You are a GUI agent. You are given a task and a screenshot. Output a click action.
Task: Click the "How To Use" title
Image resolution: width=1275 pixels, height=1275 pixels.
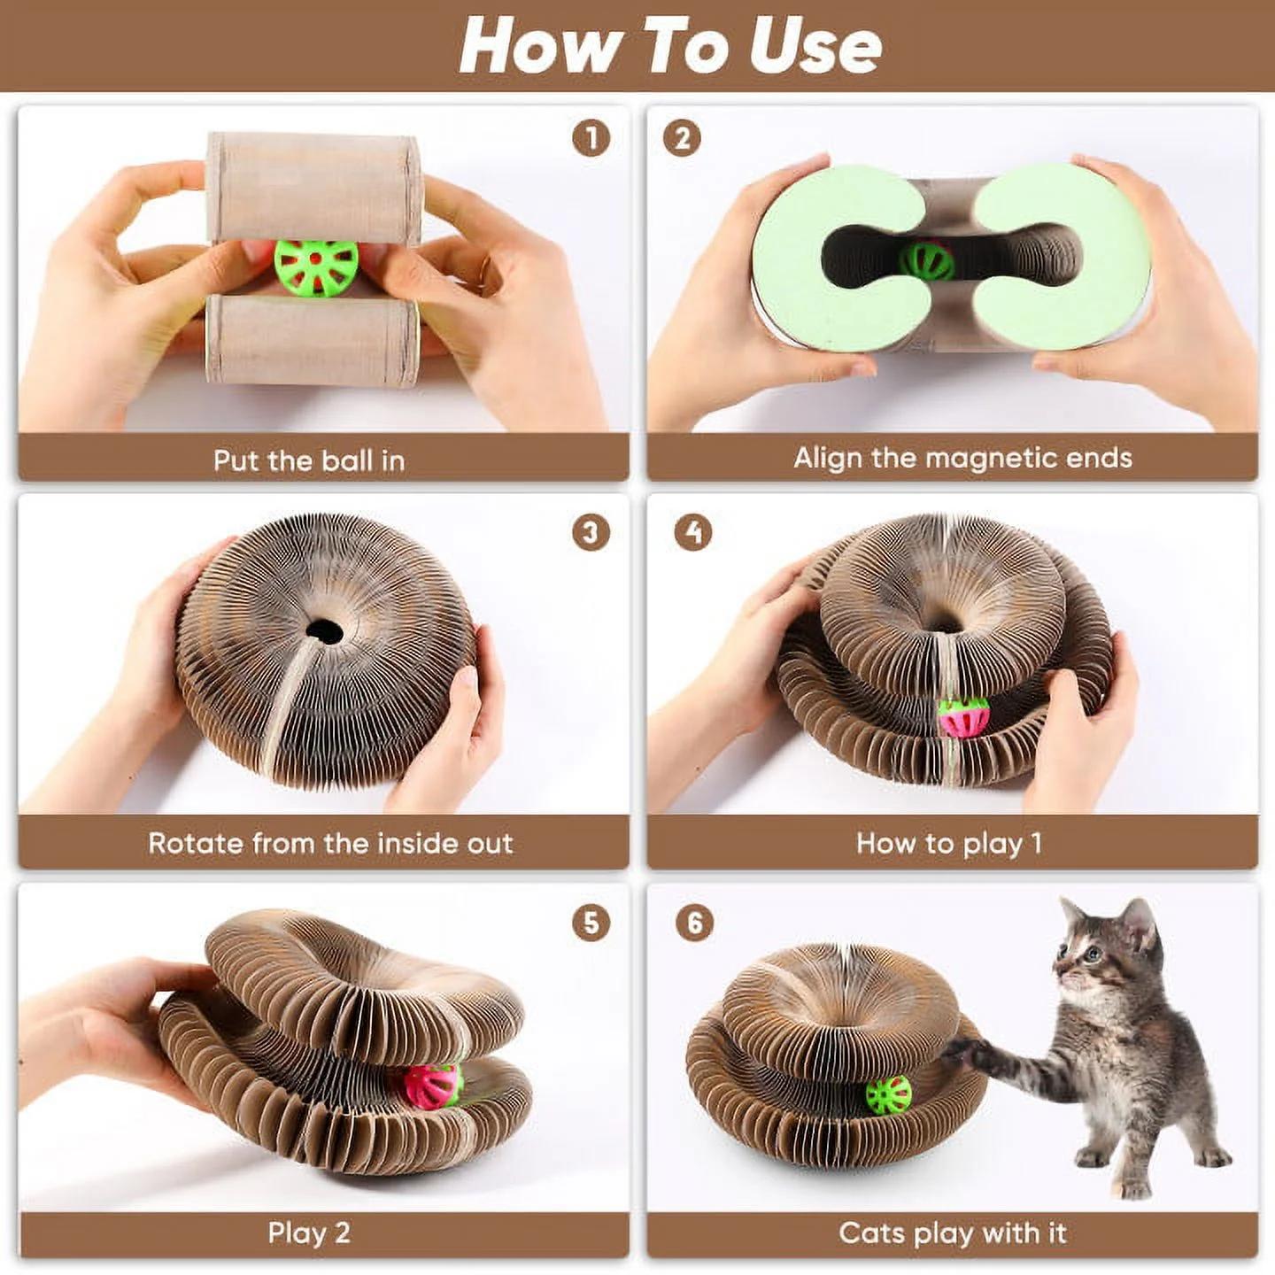pos(670,46)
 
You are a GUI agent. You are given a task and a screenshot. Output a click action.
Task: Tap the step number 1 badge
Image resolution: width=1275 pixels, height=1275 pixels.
pos(591,139)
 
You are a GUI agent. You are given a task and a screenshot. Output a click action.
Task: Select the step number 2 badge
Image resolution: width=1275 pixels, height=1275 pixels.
pos(682,139)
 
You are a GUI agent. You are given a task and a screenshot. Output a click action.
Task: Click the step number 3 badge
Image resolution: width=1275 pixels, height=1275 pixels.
pos(591,533)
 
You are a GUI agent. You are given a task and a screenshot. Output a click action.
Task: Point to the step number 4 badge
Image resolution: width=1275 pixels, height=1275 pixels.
pos(693,532)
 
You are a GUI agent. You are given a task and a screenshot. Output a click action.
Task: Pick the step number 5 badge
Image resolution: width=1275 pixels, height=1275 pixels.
pos(591,923)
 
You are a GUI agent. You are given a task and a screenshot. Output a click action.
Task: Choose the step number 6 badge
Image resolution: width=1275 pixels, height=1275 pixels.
pos(694,923)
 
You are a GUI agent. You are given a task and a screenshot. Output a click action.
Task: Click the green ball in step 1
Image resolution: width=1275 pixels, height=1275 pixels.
pos(316,267)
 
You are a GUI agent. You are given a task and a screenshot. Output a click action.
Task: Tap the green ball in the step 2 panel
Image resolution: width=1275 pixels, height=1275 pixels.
pos(927,261)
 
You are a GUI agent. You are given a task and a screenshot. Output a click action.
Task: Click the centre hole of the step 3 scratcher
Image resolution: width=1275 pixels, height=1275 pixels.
pos(324,631)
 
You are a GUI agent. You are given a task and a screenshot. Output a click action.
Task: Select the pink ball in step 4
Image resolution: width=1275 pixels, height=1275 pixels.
pos(963,717)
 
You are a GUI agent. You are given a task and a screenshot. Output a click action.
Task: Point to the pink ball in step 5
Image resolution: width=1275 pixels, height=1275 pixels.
pos(433,1086)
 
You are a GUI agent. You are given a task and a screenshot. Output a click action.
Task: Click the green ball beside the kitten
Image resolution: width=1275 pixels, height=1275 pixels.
pos(888,1096)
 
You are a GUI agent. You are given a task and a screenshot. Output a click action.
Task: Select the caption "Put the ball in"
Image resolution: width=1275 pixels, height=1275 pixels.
pos(309,460)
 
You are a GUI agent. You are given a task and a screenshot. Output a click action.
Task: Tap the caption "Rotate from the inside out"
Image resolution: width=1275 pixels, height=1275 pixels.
pos(330,843)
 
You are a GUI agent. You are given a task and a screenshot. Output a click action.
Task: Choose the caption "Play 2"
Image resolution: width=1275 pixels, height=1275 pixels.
pos(309,1232)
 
